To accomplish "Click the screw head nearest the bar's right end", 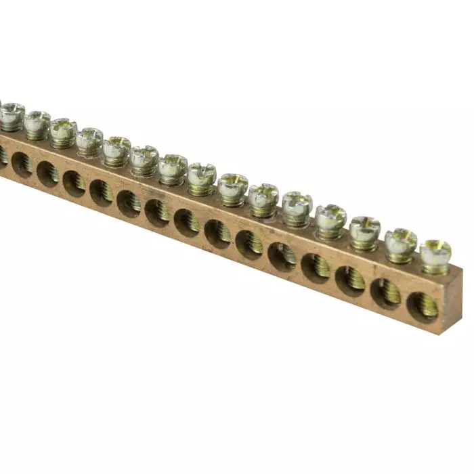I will coord(435,251).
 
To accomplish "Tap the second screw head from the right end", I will coord(401,240).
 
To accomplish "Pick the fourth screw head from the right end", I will coord(330,215).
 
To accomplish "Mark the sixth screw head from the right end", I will coord(263,194).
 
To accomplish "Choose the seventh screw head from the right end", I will coord(233,185).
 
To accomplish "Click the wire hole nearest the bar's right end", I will coord(423,306).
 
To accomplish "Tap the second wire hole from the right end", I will coord(385,293).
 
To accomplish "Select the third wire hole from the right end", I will coord(350,280).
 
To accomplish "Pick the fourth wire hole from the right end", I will coord(316,268).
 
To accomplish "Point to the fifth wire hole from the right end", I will coord(282,257).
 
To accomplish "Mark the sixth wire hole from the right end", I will coord(249,244).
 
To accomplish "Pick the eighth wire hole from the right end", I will coord(187,222).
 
